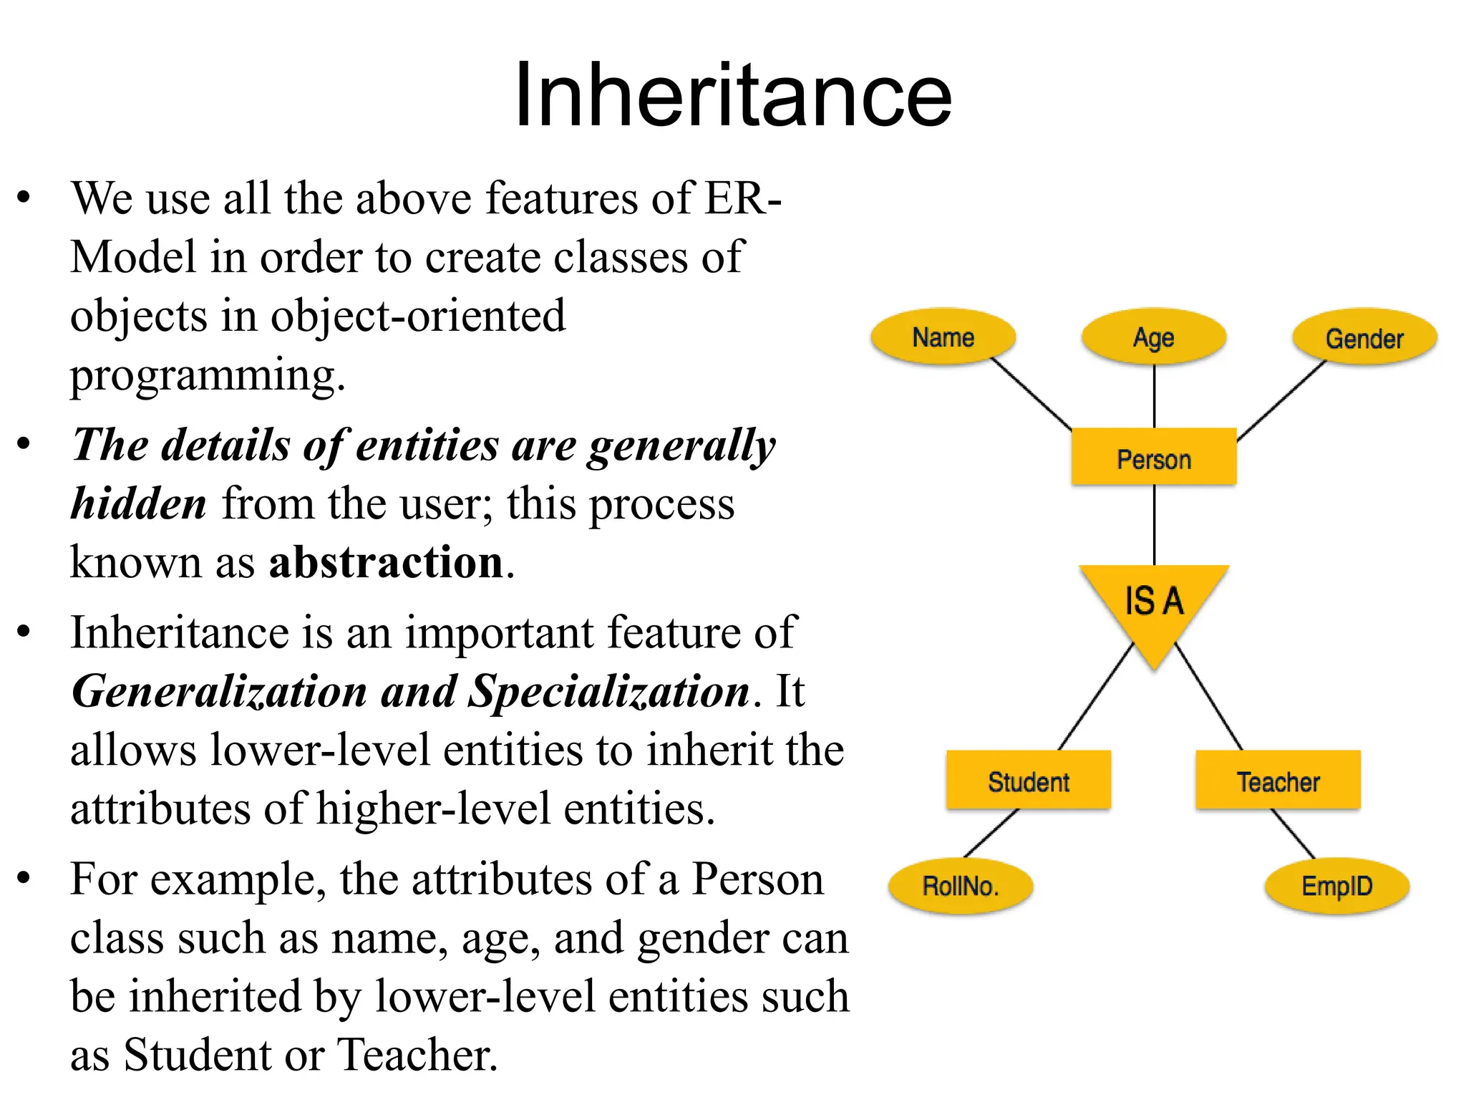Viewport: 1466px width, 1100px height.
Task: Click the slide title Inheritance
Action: [x=733, y=95]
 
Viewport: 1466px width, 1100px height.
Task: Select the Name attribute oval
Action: [x=943, y=337]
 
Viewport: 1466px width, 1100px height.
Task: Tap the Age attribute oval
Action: [x=1153, y=337]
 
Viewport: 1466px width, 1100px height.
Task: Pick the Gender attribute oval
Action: [x=1364, y=337]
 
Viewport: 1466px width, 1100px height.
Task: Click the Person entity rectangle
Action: [x=1153, y=458]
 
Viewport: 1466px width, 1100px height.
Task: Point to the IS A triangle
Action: [x=1153, y=602]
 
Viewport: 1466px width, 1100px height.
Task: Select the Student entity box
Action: [x=1028, y=781]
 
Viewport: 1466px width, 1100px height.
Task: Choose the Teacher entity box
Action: [x=1278, y=781]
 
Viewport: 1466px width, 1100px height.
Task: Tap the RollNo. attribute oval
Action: [x=960, y=886]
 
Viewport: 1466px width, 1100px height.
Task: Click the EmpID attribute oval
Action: [x=1336, y=886]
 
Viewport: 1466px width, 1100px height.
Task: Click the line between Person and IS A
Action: [x=1154, y=525]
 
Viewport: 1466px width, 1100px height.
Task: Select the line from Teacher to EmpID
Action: [x=1293, y=834]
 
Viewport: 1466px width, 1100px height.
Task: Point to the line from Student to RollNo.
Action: [x=991, y=833]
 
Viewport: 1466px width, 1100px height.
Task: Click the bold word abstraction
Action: [x=387, y=562]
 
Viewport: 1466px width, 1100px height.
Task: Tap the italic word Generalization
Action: [x=219, y=692]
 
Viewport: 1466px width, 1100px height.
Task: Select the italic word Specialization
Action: [x=608, y=692]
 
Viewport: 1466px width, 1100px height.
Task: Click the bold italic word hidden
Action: [x=139, y=503]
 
